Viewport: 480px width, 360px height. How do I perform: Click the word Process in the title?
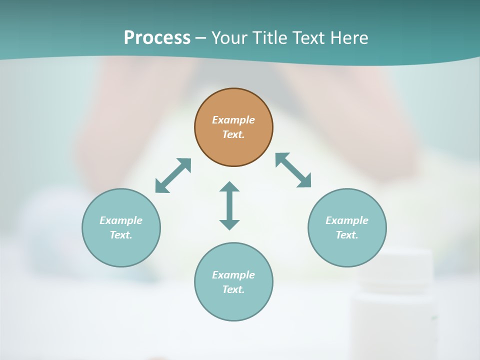tap(157, 38)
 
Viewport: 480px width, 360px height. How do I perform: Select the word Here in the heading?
tap(349, 38)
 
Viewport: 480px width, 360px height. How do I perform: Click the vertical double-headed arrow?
tap(229, 205)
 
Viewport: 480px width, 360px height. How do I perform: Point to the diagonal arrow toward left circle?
tap(173, 175)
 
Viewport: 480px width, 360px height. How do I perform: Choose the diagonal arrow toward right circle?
tap(293, 170)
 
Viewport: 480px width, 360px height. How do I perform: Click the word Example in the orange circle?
tap(233, 120)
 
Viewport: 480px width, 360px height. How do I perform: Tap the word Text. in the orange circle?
tap(233, 134)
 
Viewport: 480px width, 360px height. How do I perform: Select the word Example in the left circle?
tap(121, 220)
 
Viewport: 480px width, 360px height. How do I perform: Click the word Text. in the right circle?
tap(347, 235)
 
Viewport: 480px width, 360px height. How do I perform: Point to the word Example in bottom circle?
tap(233, 275)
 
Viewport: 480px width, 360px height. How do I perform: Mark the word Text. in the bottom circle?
tap(233, 289)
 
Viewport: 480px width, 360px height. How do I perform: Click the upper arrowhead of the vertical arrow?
tap(229, 187)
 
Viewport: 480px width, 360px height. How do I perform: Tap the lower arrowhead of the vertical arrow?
tap(229, 224)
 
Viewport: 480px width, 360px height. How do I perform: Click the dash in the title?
tap(201, 38)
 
